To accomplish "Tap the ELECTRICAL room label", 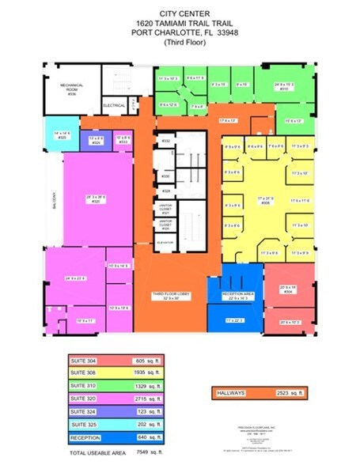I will [x=113, y=104].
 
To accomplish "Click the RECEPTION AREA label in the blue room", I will [x=234, y=296].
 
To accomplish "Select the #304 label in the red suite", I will [x=287, y=291].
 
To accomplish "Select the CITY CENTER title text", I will [x=180, y=14].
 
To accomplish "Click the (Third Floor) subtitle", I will [x=180, y=44].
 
